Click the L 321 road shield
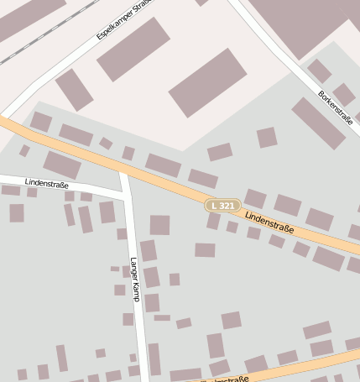tap(224, 205)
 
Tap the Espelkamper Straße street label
tap(123, 19)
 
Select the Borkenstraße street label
tap(335, 107)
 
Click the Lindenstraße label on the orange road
tap(269, 222)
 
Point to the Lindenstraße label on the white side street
tap(46, 182)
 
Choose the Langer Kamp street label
tap(133, 279)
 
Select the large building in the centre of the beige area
tap(207, 81)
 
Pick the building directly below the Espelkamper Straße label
tap(133, 49)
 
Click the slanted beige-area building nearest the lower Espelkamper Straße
tap(74, 89)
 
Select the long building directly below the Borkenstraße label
tap(318, 123)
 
